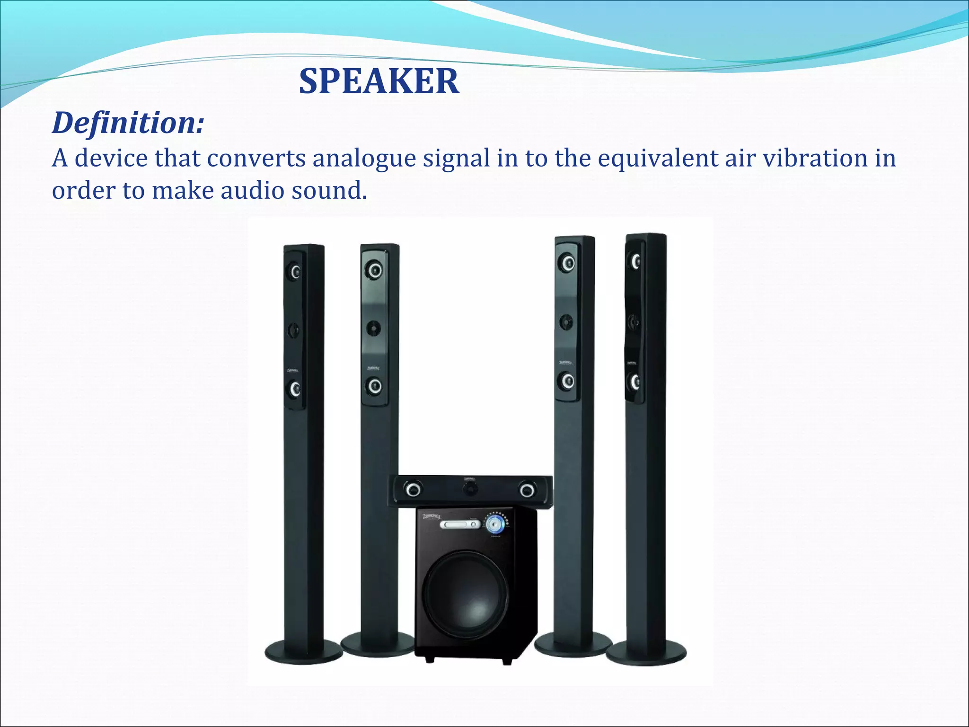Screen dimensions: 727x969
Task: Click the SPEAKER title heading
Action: [379, 81]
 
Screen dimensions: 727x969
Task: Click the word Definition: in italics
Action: [128, 123]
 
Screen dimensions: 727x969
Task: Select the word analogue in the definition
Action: [364, 158]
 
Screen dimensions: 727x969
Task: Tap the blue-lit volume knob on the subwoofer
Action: [495, 524]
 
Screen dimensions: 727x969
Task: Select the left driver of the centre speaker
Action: [413, 489]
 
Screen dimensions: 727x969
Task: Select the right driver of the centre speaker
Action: [527, 490]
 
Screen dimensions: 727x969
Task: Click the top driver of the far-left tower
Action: [295, 272]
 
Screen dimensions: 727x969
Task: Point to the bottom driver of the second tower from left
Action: [374, 386]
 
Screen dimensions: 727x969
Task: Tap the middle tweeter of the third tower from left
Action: [566, 322]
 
